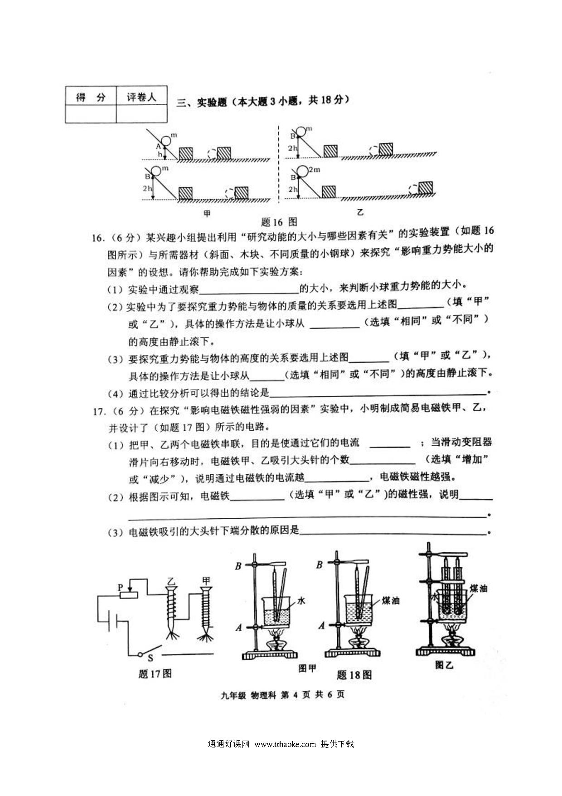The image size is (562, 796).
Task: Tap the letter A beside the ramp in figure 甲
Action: (x=158, y=146)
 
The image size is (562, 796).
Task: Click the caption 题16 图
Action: (x=279, y=222)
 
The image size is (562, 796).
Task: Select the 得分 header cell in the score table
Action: (x=91, y=97)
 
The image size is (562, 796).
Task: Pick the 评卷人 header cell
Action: (x=141, y=97)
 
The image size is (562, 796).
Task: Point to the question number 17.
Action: (x=99, y=411)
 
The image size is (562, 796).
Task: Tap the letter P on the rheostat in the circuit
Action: (x=121, y=587)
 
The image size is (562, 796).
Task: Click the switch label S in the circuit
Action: (x=150, y=658)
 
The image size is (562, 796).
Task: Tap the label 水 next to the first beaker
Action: (x=301, y=601)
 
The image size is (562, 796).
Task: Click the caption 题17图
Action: (x=155, y=674)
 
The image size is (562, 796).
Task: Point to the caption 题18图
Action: (x=354, y=675)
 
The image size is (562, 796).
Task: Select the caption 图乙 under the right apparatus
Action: (x=444, y=665)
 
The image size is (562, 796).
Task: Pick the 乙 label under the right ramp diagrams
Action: (x=360, y=212)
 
